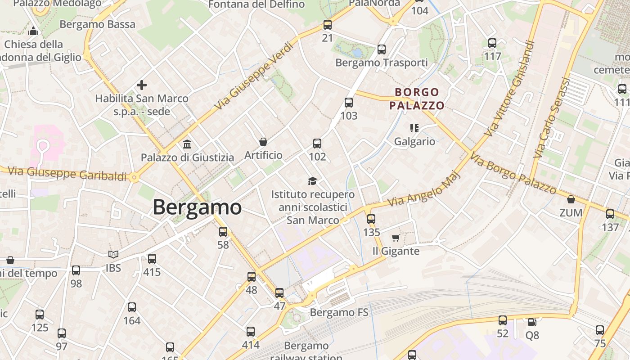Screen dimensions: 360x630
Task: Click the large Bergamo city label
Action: click(x=197, y=207)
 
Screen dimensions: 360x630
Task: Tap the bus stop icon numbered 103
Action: click(x=349, y=103)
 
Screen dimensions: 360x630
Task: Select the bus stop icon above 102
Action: click(x=317, y=144)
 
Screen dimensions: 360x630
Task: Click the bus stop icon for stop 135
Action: click(x=371, y=219)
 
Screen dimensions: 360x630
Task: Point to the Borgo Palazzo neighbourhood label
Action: click(x=417, y=99)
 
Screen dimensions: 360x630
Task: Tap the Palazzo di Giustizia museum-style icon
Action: click(x=187, y=144)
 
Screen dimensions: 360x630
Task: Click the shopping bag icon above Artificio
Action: click(x=263, y=142)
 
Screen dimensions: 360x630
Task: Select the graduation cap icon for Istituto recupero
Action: click(x=312, y=181)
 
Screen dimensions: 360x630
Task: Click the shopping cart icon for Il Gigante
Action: click(x=396, y=238)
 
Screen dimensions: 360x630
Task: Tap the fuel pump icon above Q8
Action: click(x=531, y=322)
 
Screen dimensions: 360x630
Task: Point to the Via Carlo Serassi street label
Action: click(x=551, y=118)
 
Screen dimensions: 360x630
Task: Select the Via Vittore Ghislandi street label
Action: click(x=510, y=89)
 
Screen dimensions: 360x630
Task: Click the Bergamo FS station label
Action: click(x=339, y=312)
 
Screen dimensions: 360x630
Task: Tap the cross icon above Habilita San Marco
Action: click(x=142, y=85)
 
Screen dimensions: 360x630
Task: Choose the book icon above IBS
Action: click(x=113, y=255)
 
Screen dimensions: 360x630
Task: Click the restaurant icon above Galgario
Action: click(x=414, y=128)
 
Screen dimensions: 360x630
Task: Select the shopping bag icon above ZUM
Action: click(x=571, y=199)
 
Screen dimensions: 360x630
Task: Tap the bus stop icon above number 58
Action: click(x=223, y=232)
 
